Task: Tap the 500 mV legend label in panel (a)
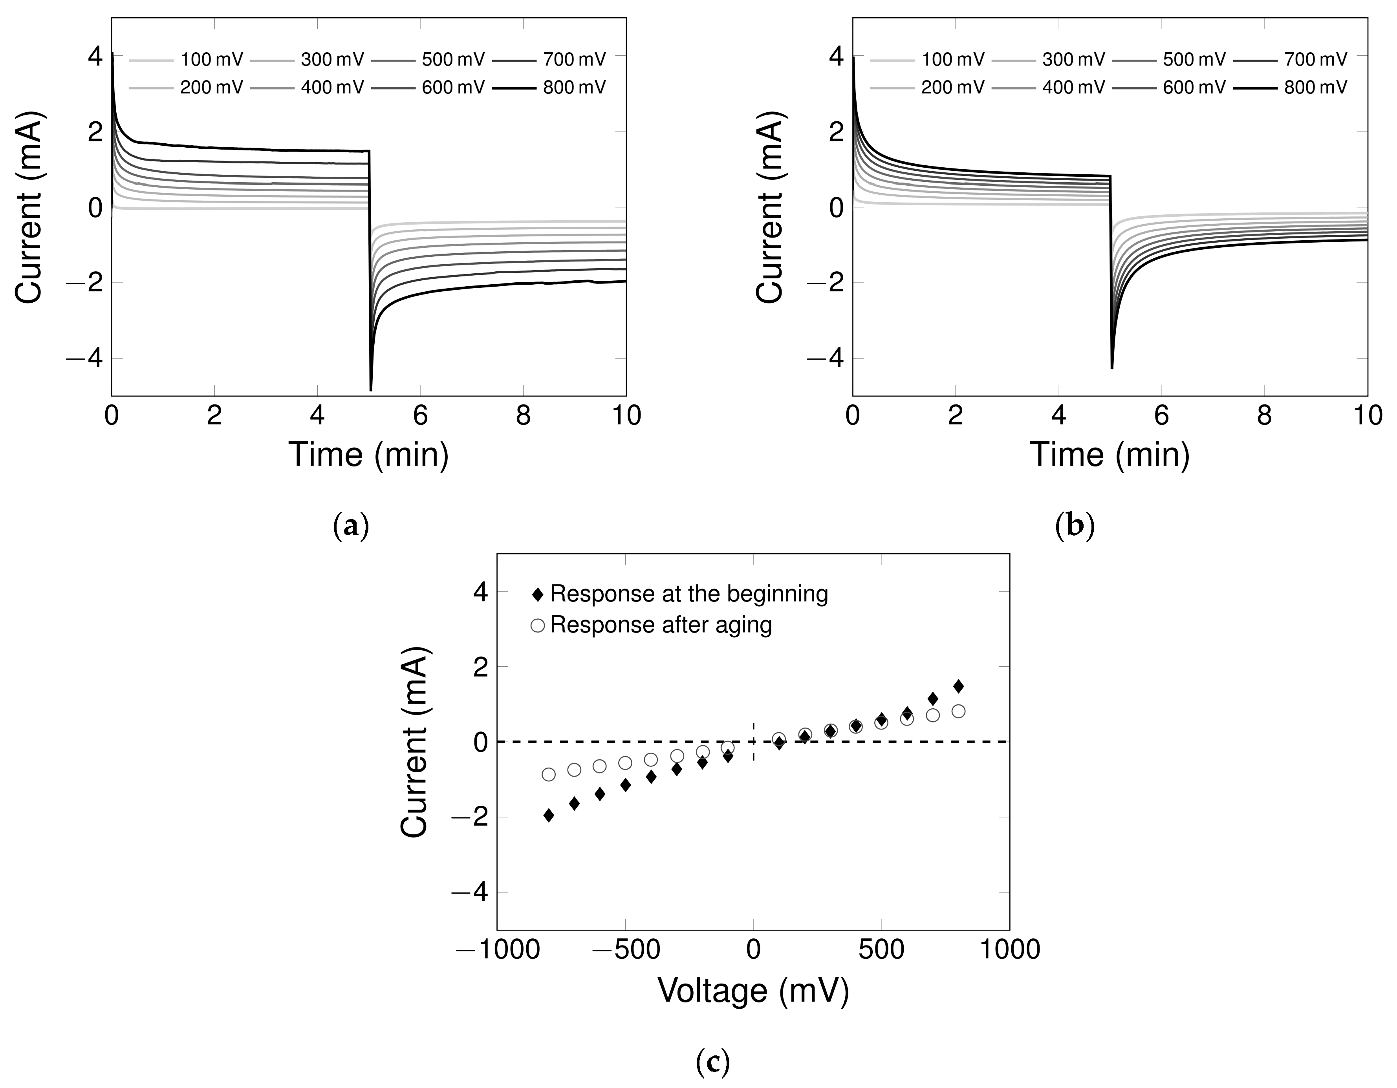453,60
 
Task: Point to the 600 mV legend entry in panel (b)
1194,88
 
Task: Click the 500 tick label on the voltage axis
881,950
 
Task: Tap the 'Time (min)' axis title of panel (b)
1110,455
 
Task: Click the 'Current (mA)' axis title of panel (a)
29,207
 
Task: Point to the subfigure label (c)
712,1062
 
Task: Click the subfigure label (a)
351,527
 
